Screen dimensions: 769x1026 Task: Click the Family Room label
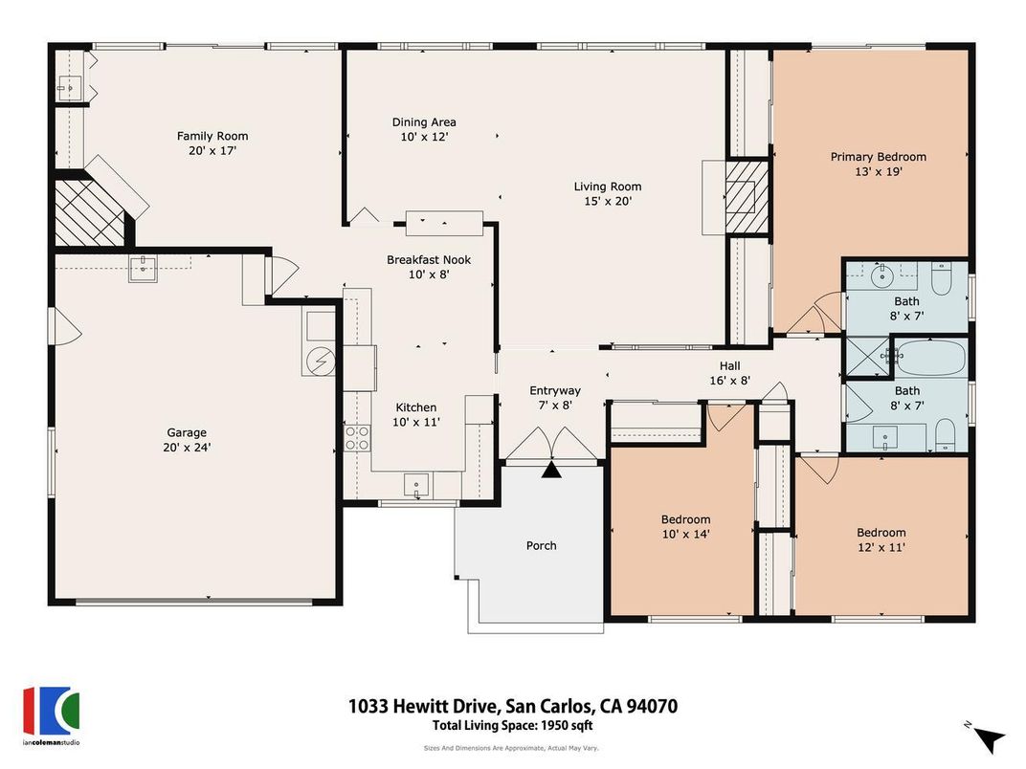(212, 136)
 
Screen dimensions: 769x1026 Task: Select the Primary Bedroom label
(878, 157)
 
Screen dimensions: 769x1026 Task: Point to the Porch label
(541, 546)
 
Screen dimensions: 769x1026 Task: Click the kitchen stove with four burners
(357, 438)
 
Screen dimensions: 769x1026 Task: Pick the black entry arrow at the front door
(552, 470)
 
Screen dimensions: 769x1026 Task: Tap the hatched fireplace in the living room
(747, 197)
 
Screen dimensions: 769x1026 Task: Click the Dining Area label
(424, 122)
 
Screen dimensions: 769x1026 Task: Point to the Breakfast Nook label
(429, 260)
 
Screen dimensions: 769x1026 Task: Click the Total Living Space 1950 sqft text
(512, 726)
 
